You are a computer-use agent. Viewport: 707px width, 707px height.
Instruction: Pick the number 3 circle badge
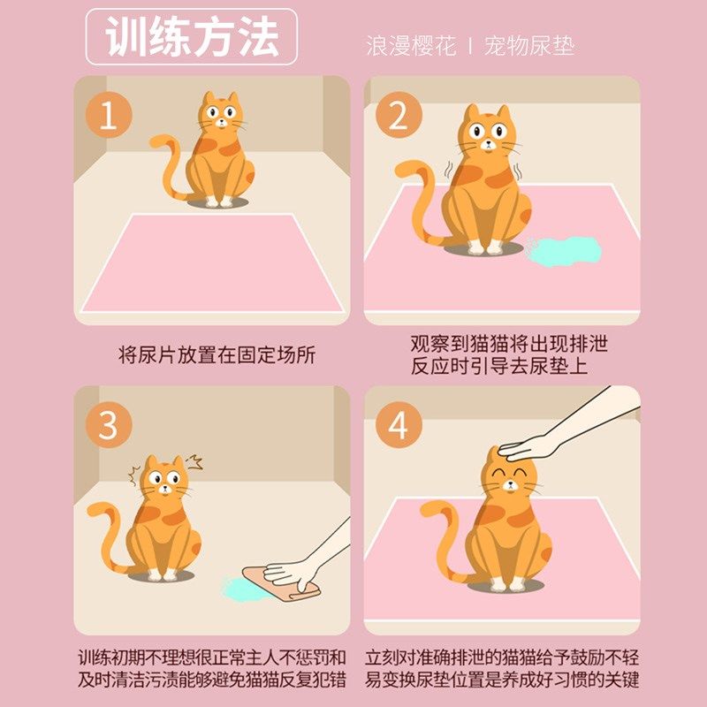pyautogui.click(x=109, y=426)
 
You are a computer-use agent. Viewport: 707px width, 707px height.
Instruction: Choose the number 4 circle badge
pyautogui.click(x=399, y=426)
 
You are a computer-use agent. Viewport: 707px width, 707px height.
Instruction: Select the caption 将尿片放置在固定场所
pyautogui.click(x=217, y=355)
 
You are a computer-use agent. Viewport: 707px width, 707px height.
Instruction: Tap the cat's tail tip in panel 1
pyautogui.click(x=157, y=141)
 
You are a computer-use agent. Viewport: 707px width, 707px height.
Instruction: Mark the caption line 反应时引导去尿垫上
pyautogui.click(x=499, y=366)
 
